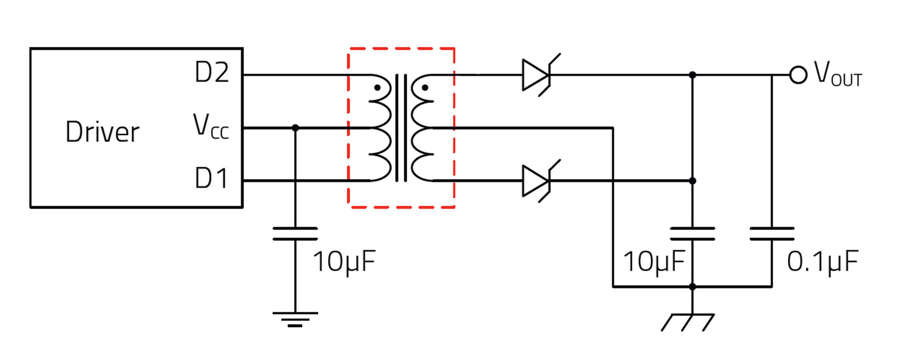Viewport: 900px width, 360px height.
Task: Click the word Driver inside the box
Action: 102,132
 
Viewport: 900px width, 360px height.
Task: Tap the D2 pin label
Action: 212,73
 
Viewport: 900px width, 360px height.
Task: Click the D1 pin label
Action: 211,179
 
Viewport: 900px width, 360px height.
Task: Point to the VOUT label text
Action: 838,74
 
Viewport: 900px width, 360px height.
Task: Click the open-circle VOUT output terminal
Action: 798,75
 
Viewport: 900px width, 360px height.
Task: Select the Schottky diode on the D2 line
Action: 537,75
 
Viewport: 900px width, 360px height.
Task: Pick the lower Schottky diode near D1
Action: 537,181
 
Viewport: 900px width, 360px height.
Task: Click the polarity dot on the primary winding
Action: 377,88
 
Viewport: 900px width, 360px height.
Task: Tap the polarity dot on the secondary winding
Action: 425,88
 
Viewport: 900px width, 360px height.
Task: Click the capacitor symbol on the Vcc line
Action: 295,233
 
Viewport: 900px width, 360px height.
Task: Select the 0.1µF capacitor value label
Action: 823,262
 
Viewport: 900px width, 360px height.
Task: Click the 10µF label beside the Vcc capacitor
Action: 344,262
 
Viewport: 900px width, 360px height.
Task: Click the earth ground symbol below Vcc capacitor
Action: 295,319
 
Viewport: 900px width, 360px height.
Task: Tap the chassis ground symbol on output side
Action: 688,322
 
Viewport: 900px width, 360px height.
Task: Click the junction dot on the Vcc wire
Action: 295,127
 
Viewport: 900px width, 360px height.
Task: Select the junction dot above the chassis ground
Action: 692,286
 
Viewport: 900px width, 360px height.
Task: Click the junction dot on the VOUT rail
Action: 692,75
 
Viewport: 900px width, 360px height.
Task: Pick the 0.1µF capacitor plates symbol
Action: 772,233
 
